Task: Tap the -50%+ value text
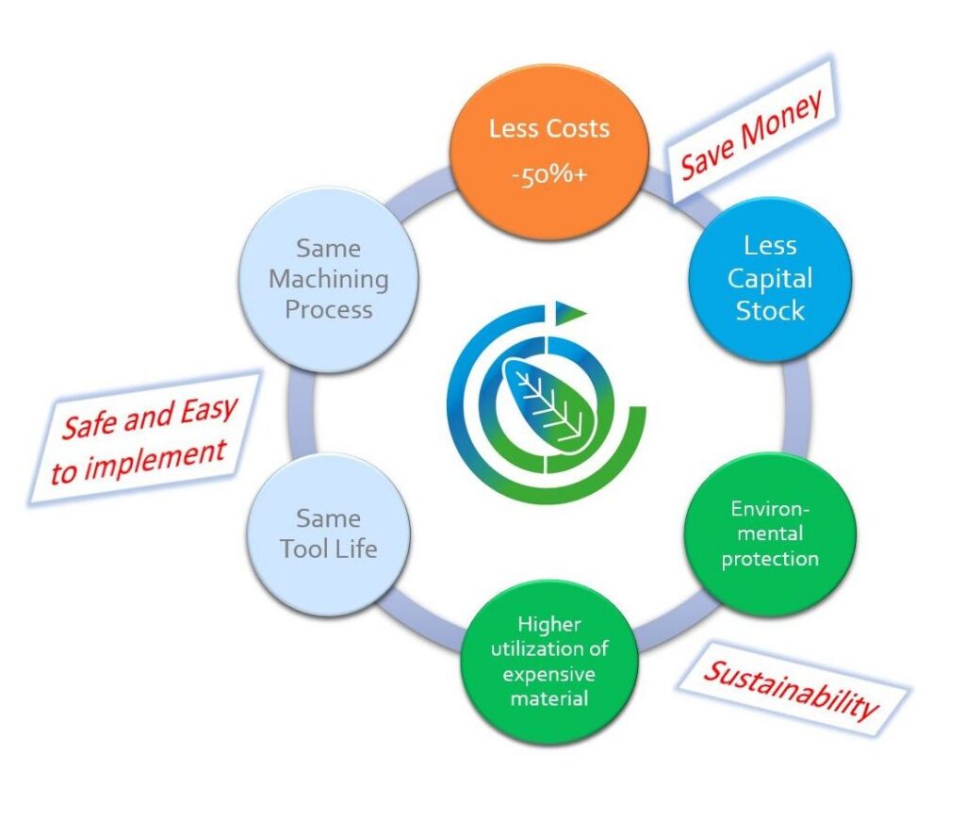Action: click(x=549, y=174)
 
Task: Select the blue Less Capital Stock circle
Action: click(x=770, y=279)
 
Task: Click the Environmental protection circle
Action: click(x=770, y=533)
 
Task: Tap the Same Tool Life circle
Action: click(x=328, y=533)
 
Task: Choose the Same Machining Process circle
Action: click(x=328, y=279)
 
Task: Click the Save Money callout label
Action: click(x=753, y=133)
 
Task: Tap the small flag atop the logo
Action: click(x=569, y=310)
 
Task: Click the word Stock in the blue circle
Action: click(x=770, y=310)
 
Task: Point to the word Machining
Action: click(x=328, y=279)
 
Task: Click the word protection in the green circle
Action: click(x=770, y=558)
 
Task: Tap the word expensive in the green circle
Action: click(x=549, y=674)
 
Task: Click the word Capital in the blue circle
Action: click(x=770, y=279)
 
